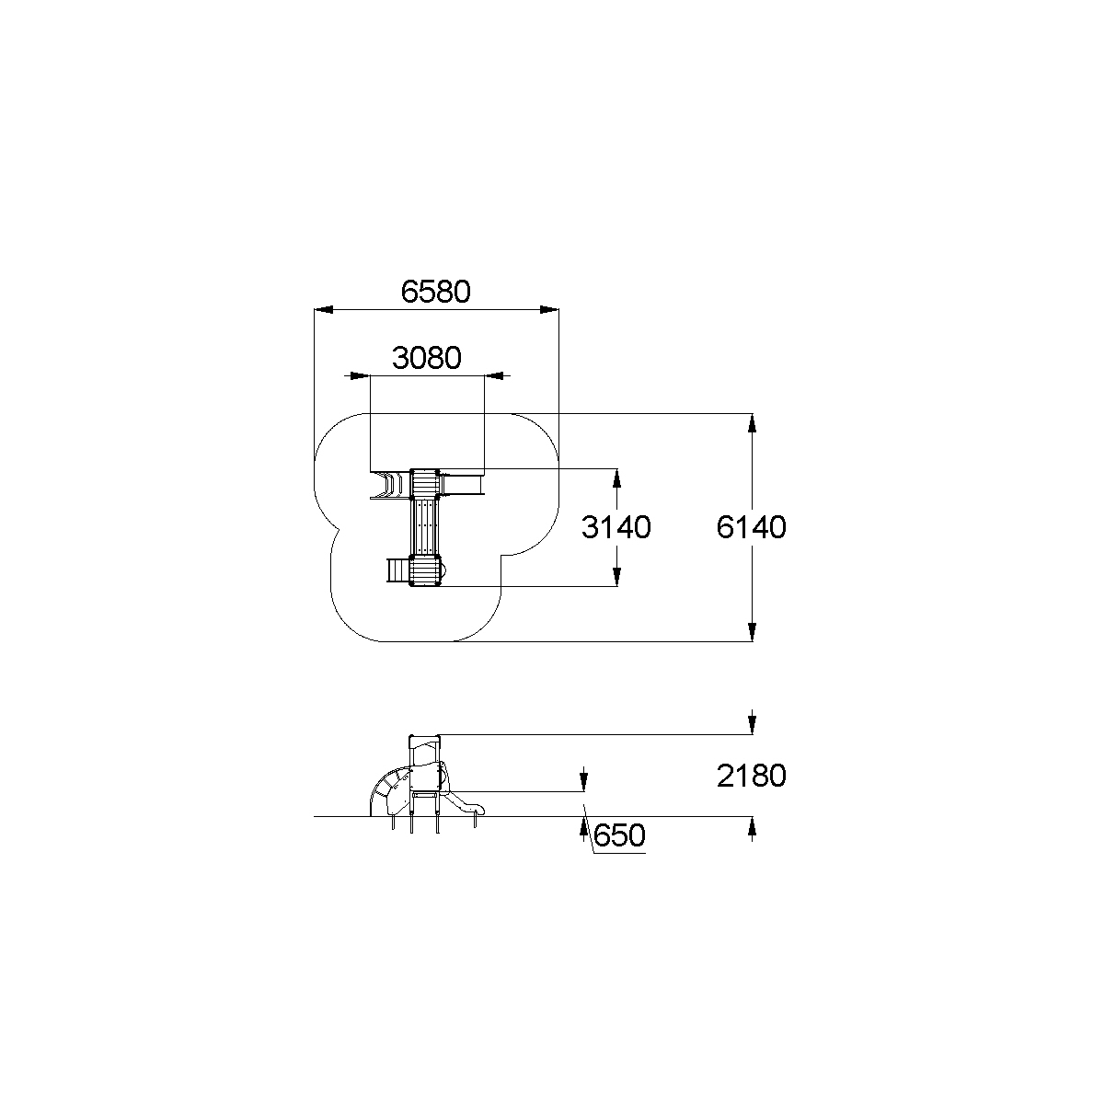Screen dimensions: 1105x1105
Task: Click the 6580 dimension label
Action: pos(436,292)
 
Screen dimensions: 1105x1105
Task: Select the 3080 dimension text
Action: pos(427,359)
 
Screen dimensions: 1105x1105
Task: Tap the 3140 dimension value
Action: pos(616,527)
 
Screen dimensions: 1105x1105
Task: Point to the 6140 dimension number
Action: pos(751,527)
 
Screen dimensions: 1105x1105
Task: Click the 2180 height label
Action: pos(751,777)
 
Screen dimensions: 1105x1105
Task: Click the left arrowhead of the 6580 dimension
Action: pos(324,310)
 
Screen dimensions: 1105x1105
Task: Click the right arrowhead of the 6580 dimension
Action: pos(549,310)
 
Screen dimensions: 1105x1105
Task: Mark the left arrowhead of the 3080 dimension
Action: pos(361,376)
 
